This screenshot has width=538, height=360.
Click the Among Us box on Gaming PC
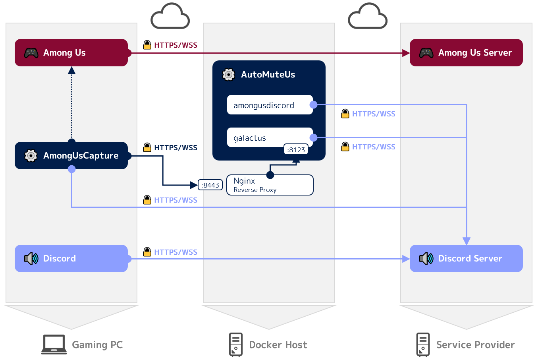(x=71, y=52)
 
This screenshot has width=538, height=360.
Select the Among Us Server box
(x=466, y=52)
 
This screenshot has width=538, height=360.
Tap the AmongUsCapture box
(x=71, y=155)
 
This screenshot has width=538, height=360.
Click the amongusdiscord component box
(x=270, y=105)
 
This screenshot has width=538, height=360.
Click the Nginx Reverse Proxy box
(x=270, y=185)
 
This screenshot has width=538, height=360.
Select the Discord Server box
(x=466, y=258)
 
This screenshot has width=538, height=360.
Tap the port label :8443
(x=210, y=185)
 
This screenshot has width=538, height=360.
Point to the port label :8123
(x=296, y=150)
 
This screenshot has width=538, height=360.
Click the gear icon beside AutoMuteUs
(x=229, y=74)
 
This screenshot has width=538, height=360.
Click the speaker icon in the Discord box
(x=31, y=259)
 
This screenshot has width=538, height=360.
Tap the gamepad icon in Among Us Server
(x=426, y=53)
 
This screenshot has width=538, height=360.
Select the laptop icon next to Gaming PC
(x=54, y=344)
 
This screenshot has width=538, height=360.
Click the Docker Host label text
(x=278, y=345)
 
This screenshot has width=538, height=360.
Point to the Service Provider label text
(x=475, y=345)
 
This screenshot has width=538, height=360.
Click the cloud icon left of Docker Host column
(x=170, y=16)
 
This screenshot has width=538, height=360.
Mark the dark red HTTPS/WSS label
(x=175, y=45)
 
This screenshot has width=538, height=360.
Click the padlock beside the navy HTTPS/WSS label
(x=147, y=147)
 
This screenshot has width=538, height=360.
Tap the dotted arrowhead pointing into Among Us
(x=71, y=71)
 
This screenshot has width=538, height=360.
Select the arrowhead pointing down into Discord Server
(x=467, y=241)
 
